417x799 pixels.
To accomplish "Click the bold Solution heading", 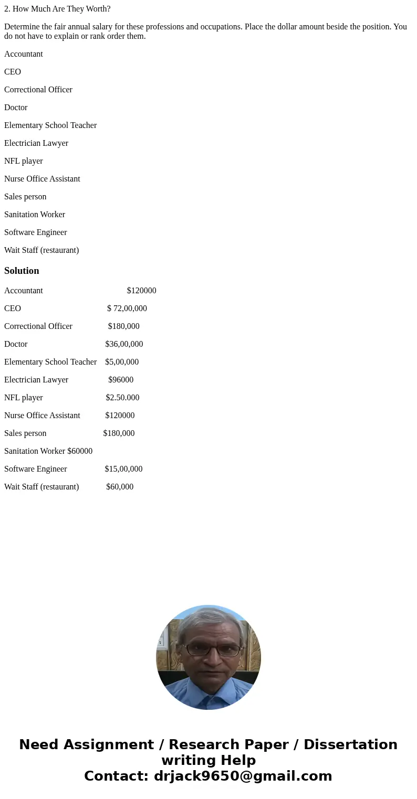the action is point(22,271).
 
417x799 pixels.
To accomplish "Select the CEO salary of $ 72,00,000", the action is point(127,308).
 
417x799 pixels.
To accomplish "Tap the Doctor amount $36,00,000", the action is point(124,344).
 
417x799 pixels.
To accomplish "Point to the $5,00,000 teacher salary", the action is point(122,362).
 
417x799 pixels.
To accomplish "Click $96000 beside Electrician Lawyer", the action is point(121,380).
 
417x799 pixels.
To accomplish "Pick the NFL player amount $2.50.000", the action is point(122,398).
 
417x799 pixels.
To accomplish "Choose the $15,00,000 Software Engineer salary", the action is point(123,469).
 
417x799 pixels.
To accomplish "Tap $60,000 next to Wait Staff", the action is point(120,487).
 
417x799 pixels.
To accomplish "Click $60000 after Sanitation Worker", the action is point(80,451).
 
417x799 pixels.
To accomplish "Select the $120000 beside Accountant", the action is point(141,291).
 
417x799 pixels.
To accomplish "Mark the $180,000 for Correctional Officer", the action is point(124,326).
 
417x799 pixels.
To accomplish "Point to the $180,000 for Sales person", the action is point(119,433).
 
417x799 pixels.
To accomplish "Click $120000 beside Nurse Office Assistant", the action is point(120,416).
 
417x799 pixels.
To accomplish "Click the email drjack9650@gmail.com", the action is point(243,776).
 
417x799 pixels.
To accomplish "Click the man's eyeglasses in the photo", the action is point(212,650).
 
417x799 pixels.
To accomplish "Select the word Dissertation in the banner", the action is point(350,744).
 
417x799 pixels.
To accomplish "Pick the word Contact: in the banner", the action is point(117,776).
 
